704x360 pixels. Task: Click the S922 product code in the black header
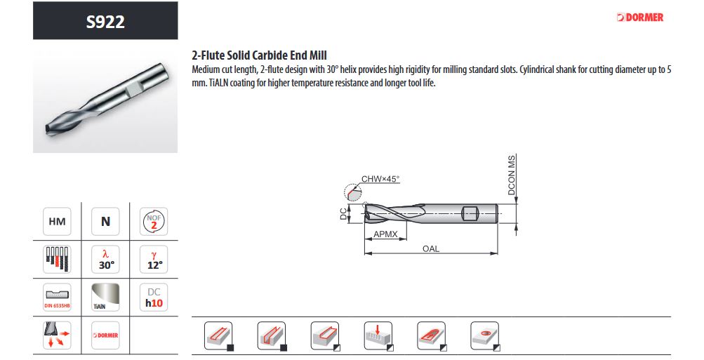coord(105,21)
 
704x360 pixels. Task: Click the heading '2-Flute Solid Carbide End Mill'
coord(259,55)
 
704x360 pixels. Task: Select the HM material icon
coord(57,222)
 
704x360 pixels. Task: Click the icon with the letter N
coord(105,222)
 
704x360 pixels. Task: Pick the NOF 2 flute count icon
coord(154,222)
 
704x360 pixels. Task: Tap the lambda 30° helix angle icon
coord(105,260)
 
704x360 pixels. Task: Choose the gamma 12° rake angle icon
coord(154,260)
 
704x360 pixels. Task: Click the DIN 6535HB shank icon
coord(57,297)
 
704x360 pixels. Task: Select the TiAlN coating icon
coord(105,297)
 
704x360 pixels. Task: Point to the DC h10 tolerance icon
coord(154,297)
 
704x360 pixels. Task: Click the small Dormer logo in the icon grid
coord(105,335)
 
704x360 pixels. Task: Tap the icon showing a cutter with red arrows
coord(57,335)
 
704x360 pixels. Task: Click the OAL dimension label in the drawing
coord(431,249)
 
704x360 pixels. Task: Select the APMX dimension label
coord(385,234)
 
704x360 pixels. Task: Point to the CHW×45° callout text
coord(380,179)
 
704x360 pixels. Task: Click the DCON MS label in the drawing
coord(512,175)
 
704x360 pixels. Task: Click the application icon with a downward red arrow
coord(378,335)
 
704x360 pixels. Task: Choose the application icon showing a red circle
coord(485,335)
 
